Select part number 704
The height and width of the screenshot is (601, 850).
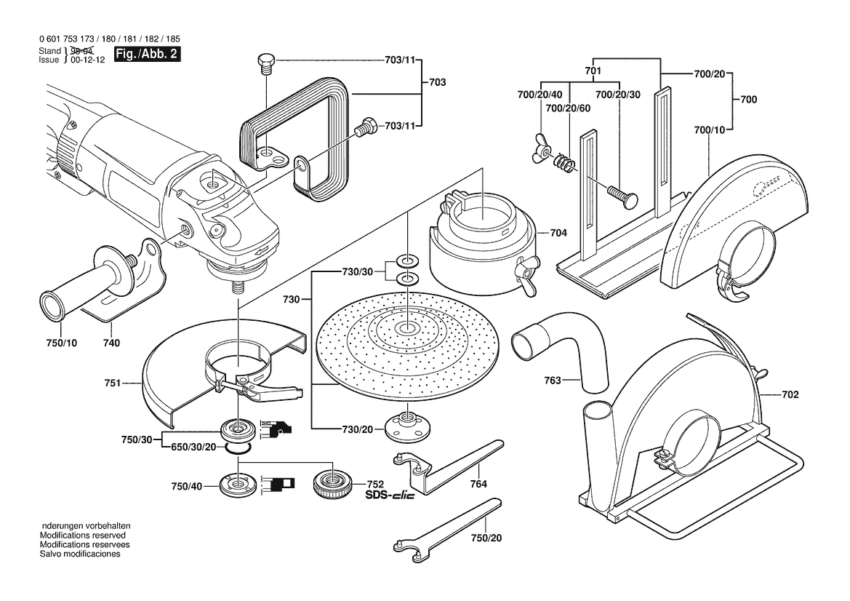point(558,234)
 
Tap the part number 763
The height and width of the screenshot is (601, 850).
point(553,379)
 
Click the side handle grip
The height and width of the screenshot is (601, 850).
point(80,290)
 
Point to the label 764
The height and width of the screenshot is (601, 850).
point(478,484)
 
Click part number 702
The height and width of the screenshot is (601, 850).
point(790,395)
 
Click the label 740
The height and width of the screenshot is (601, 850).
point(111,343)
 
